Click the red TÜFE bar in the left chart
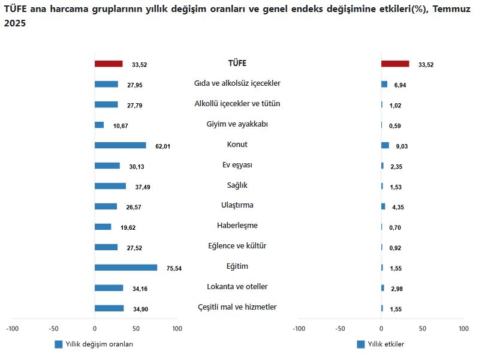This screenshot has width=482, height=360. pyautogui.click(x=109, y=64)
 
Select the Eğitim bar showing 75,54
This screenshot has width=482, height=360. pyautogui.click(x=126, y=268)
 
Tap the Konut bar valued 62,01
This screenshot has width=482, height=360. pyautogui.click(x=120, y=145)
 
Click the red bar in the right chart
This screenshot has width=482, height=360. pyautogui.click(x=395, y=64)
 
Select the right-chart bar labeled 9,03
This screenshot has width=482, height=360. pyautogui.click(x=385, y=145)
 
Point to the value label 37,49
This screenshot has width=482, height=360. pyautogui.click(x=143, y=187)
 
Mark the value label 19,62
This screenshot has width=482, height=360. pyautogui.click(x=128, y=228)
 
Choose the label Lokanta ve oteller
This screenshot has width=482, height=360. pyautogui.click(x=237, y=287)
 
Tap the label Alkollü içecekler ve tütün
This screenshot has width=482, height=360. pyautogui.click(x=237, y=104)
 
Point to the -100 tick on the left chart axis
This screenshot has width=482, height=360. pyautogui.click(x=12, y=329)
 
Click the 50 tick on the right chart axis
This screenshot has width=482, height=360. pyautogui.click(x=423, y=329)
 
